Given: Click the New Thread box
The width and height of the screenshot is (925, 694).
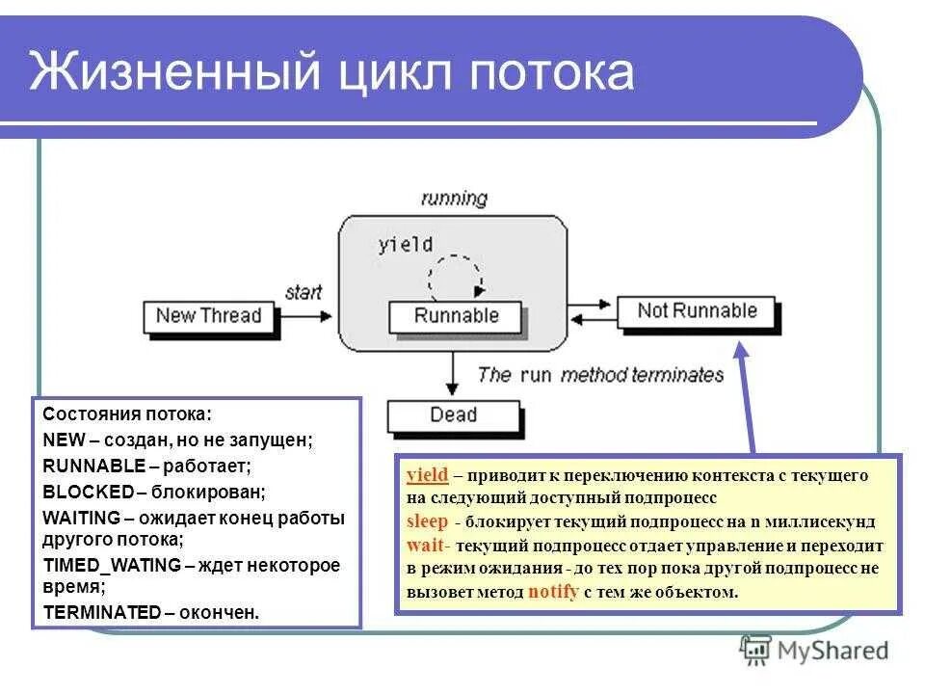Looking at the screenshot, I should tap(208, 315).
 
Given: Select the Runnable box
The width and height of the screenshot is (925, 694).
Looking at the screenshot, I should tap(456, 315).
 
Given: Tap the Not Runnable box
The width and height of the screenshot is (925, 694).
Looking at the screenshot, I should tap(698, 310).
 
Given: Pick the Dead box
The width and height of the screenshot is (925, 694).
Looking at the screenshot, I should tap(453, 414).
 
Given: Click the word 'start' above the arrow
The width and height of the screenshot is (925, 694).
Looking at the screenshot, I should tap(304, 292).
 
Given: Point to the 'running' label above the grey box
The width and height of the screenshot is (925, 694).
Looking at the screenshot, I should tap(454, 199).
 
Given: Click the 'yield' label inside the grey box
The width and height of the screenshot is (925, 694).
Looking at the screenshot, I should tap(405, 244).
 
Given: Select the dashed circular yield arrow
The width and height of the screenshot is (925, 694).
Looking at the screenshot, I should tap(454, 278).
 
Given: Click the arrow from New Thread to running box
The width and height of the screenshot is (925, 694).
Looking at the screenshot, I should tap(306, 315).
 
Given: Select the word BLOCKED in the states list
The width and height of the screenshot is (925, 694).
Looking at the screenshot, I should tap(88, 491).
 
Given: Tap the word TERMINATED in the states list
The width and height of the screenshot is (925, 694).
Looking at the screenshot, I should tap(102, 612).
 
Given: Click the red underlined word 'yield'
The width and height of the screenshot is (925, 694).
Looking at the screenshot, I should tap(427, 475).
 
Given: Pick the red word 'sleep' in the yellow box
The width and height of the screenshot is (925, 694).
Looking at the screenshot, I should tap(427, 521).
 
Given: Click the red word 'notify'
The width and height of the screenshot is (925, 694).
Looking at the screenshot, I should tap(553, 592).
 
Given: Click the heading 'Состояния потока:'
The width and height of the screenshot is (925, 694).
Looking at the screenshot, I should tap(126, 415).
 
